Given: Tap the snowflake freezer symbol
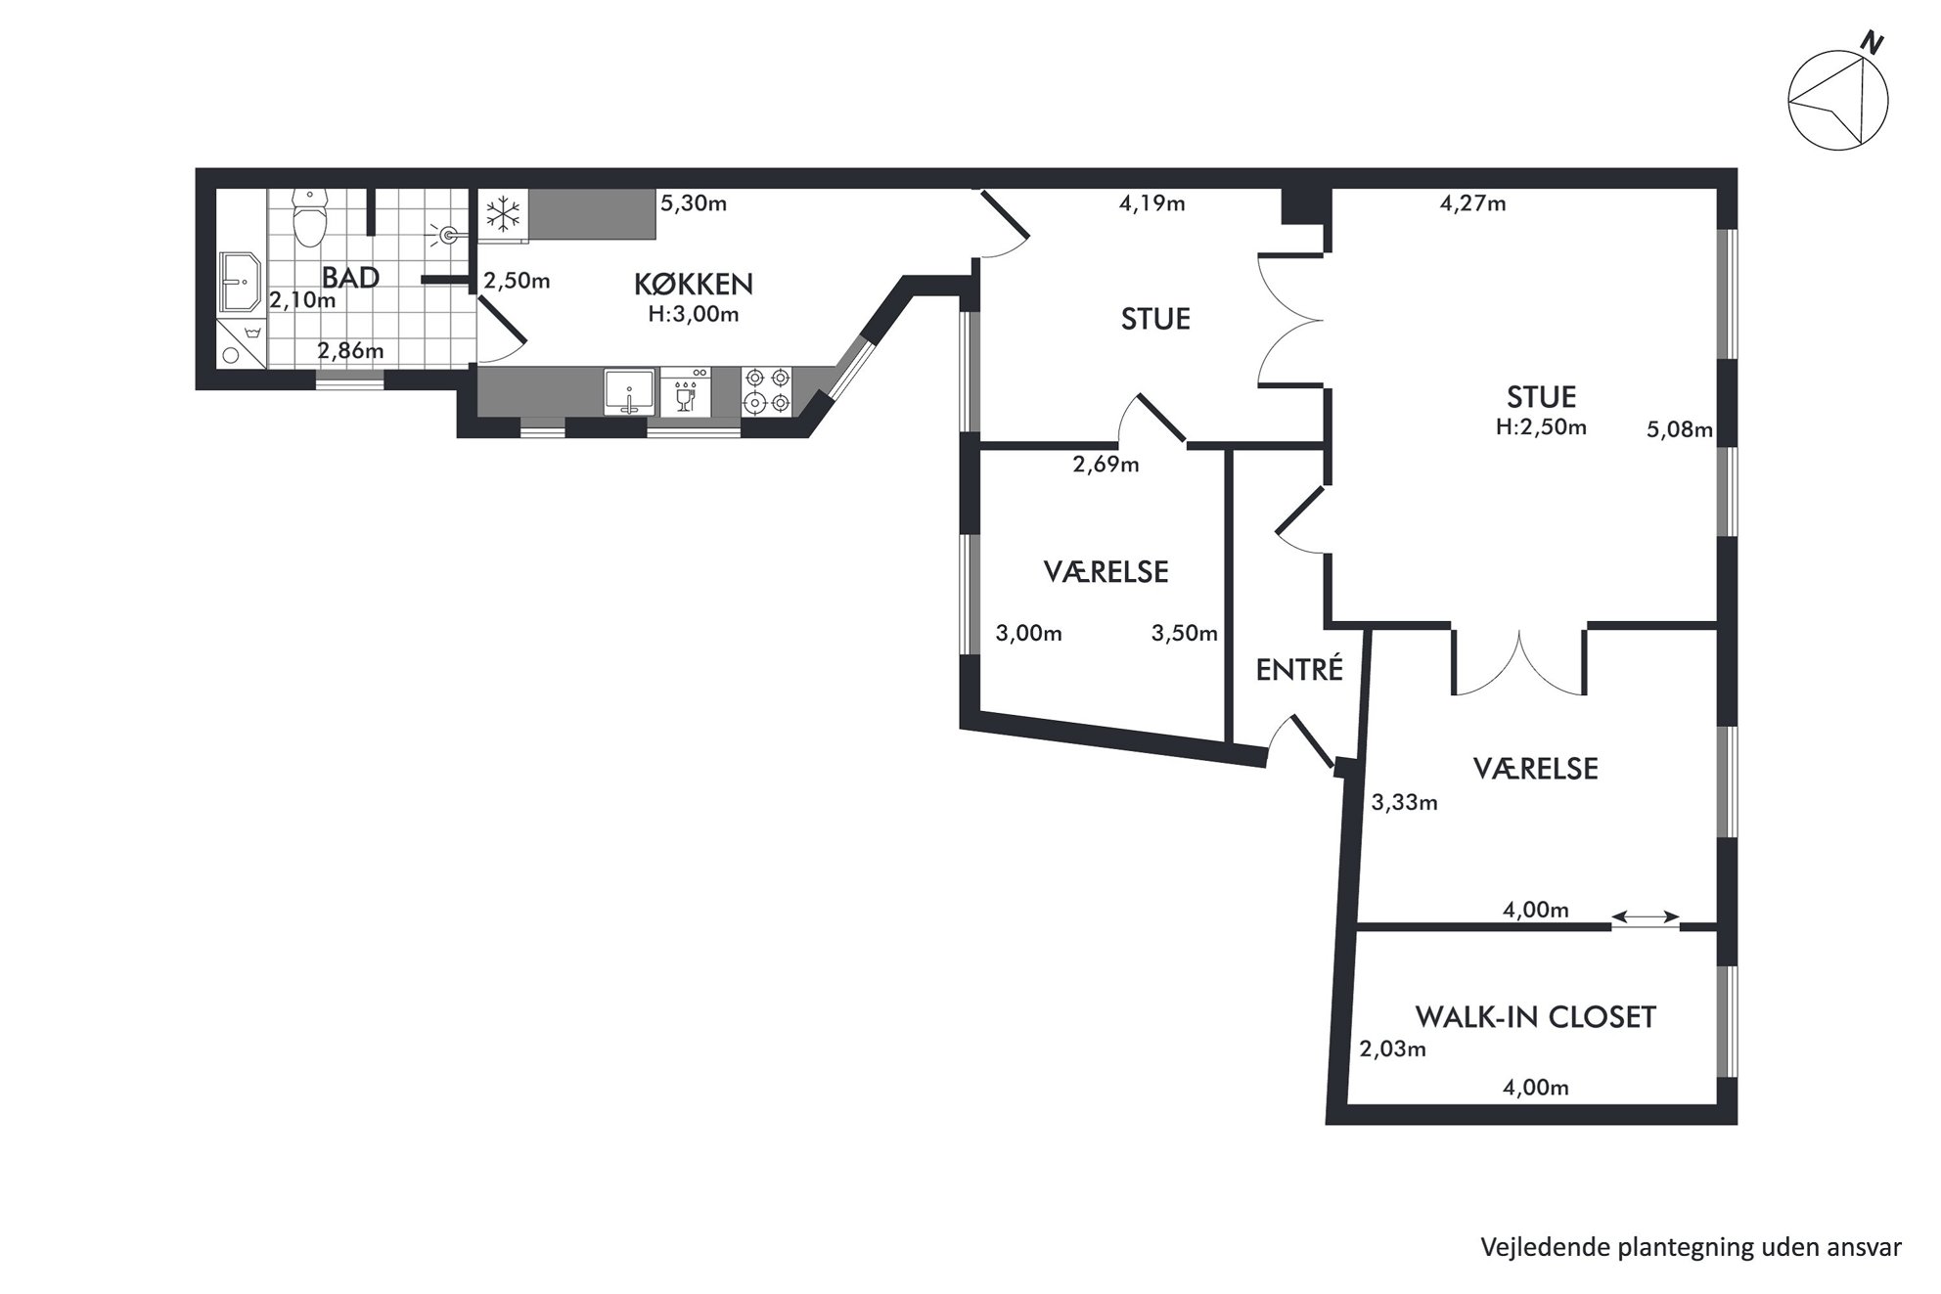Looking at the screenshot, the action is (x=503, y=214).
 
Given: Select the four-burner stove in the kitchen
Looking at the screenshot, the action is (x=767, y=390).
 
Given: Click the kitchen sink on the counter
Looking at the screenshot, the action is (x=628, y=391).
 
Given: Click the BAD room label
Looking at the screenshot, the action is (x=350, y=278).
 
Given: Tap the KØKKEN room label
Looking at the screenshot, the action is (x=694, y=285).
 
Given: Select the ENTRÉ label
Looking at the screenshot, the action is (x=1299, y=670).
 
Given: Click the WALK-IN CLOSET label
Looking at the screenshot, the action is (x=1535, y=1017).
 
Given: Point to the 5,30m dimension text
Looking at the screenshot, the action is (x=694, y=203).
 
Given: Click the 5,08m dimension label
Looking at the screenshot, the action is (x=1680, y=429).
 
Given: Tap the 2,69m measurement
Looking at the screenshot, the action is (x=1106, y=465).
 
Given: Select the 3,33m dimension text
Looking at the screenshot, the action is (x=1404, y=803).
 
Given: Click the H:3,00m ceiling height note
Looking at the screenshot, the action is (x=694, y=315).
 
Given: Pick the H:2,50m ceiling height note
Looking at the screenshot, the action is (x=1541, y=427).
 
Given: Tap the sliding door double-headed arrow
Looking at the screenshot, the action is (x=1646, y=917).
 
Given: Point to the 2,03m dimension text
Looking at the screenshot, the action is (x=1392, y=1049).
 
